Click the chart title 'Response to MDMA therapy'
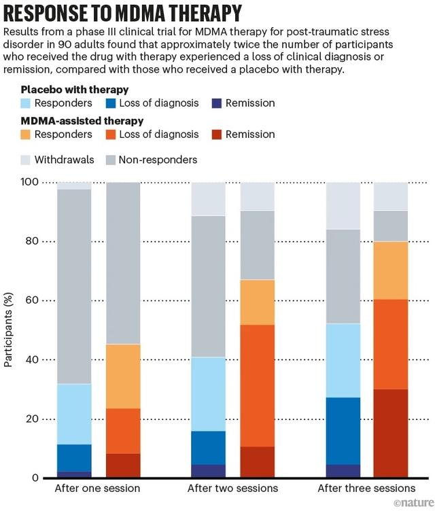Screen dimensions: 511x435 pos(122,13)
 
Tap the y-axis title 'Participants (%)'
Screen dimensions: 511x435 pos(9,330)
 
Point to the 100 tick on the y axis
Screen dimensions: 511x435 pos(29,182)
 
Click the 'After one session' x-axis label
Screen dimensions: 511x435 pos(97,489)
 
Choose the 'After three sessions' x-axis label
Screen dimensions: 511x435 pos(366,489)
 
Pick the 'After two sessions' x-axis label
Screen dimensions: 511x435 pos(232,489)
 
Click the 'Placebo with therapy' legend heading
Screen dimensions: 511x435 pos(74,90)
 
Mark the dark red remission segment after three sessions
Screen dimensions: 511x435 pos(391,434)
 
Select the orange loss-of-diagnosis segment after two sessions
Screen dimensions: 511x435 pos(257,385)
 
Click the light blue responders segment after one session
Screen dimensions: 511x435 pos(74,414)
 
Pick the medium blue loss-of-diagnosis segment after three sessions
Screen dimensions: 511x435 pos(343,431)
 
